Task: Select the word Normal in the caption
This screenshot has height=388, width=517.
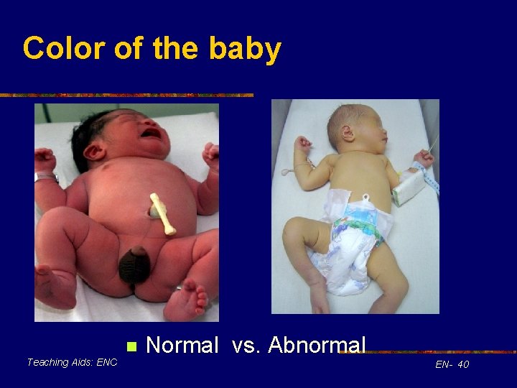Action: tap(182, 346)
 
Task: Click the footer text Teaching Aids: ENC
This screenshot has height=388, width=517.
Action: tap(72, 362)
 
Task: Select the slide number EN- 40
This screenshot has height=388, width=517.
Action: tap(452, 364)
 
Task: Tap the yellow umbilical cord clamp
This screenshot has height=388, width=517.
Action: tap(162, 213)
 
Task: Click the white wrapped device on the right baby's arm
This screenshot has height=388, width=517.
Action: tap(406, 185)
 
